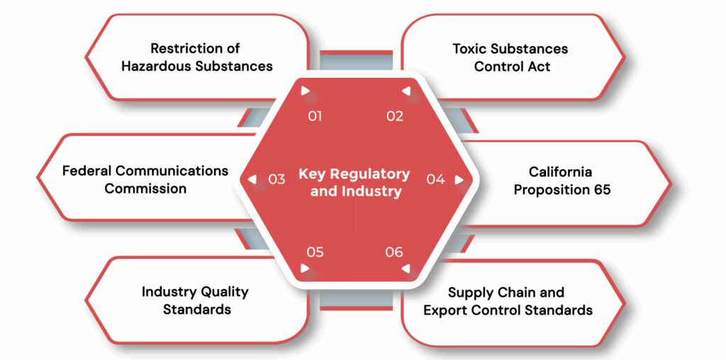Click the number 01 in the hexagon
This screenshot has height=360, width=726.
point(315,116)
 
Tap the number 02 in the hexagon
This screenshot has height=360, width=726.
point(395,116)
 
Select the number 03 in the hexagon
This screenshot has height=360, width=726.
point(277,179)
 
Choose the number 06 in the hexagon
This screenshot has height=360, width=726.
point(394,252)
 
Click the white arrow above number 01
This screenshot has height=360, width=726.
point(305,91)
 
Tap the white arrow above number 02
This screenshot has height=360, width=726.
point(406,91)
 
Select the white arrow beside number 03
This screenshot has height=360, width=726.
point(252,179)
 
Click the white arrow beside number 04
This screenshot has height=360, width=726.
point(459,179)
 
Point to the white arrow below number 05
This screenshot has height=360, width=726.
point(305,269)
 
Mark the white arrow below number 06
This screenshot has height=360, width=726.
point(406,269)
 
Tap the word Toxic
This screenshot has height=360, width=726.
point(471,49)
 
